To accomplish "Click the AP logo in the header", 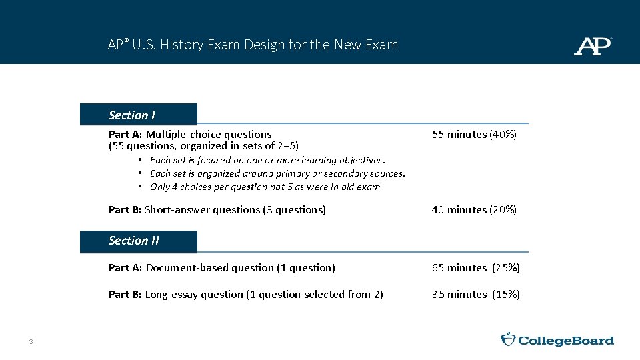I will (592, 46).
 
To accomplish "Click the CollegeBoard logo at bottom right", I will (557, 340).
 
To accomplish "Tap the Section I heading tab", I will (139, 115).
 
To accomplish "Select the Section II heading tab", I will (139, 241).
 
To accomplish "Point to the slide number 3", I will (31, 342).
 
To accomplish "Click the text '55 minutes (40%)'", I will (474, 135).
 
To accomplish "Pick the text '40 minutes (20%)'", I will (474, 210).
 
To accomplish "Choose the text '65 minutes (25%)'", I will (475, 268).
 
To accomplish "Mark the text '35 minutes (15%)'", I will (475, 295).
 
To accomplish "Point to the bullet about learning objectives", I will (267, 160).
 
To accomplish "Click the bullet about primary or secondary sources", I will (277, 173).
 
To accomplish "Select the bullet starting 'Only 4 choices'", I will (265, 187).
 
